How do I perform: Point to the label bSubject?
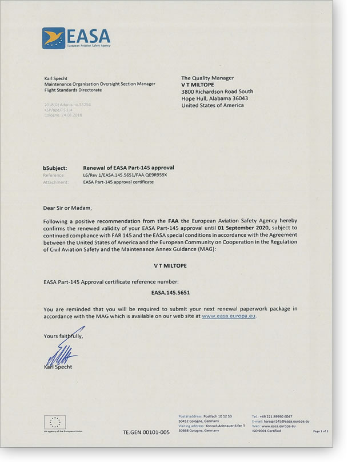coord(55,168)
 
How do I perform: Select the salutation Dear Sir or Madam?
coord(67,208)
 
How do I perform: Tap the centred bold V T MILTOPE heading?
coord(170,266)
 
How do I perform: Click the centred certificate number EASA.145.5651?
coord(170,292)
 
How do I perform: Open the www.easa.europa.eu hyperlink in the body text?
coord(229,315)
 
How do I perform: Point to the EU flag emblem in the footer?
coord(55,422)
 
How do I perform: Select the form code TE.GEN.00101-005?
coord(146,432)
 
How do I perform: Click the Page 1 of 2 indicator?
coord(321,431)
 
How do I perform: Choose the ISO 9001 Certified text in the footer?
coord(266,431)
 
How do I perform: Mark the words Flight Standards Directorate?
coord(73,90)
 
